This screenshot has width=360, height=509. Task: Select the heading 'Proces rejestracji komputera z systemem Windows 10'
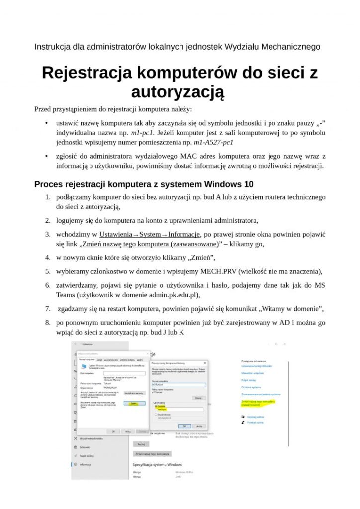tap(143, 184)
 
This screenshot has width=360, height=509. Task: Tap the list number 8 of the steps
tap(48, 323)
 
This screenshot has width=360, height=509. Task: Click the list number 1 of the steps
tap(48, 197)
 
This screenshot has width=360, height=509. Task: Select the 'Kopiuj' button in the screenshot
tap(141, 444)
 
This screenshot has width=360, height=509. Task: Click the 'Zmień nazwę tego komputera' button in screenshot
tap(152, 454)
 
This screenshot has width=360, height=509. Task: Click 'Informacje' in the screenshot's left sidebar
tap(86, 464)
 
